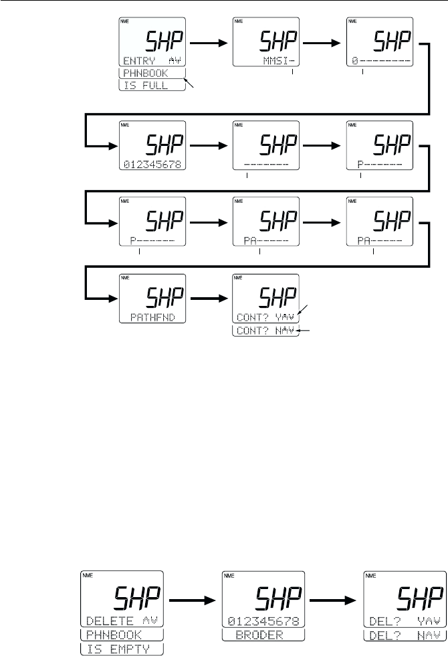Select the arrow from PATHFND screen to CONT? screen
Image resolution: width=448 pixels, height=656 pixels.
209,297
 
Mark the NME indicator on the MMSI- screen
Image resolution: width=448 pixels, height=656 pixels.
239,22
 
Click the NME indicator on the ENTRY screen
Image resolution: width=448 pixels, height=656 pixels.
124,22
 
